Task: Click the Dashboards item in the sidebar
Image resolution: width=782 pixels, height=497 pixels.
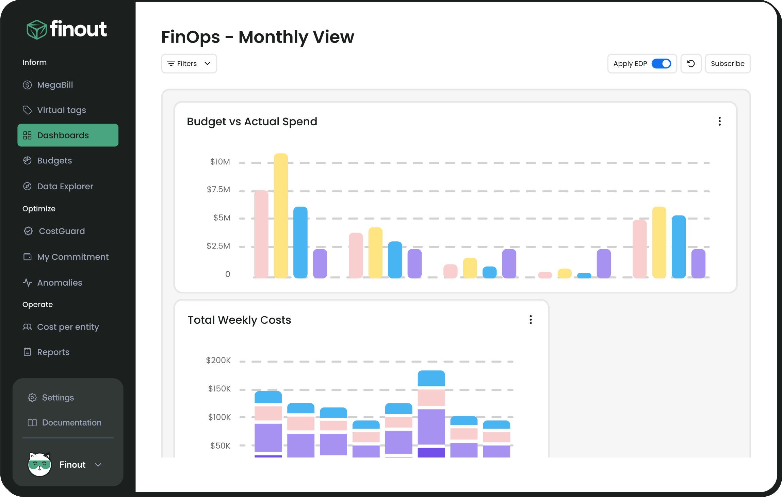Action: point(68,135)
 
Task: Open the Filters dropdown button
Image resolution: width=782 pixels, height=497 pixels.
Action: point(189,64)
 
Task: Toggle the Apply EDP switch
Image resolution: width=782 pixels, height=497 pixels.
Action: point(661,64)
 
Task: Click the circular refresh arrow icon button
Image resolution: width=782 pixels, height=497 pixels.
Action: point(691,64)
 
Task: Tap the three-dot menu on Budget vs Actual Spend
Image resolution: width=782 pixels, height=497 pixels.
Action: point(719,122)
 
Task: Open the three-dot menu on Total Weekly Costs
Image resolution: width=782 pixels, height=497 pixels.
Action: point(531,320)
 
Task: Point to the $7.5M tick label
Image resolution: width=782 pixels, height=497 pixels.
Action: point(218,190)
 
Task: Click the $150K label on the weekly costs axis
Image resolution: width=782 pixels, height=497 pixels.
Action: point(219,389)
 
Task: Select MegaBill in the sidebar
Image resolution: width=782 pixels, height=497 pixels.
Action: point(55,85)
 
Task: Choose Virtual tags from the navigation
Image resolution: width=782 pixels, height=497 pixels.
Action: point(61,110)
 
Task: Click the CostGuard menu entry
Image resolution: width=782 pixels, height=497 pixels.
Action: point(62,231)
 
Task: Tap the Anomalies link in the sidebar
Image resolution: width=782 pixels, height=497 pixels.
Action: point(60,283)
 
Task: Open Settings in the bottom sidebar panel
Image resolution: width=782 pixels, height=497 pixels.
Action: point(58,398)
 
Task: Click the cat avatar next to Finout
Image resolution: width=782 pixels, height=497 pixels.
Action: point(39,464)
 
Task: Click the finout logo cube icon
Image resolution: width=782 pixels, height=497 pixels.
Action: point(36,30)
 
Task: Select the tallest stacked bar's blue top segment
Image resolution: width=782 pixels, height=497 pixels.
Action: point(431,379)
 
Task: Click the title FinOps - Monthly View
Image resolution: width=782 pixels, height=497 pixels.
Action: point(258,37)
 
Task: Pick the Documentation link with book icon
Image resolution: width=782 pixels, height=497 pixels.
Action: point(71,422)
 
